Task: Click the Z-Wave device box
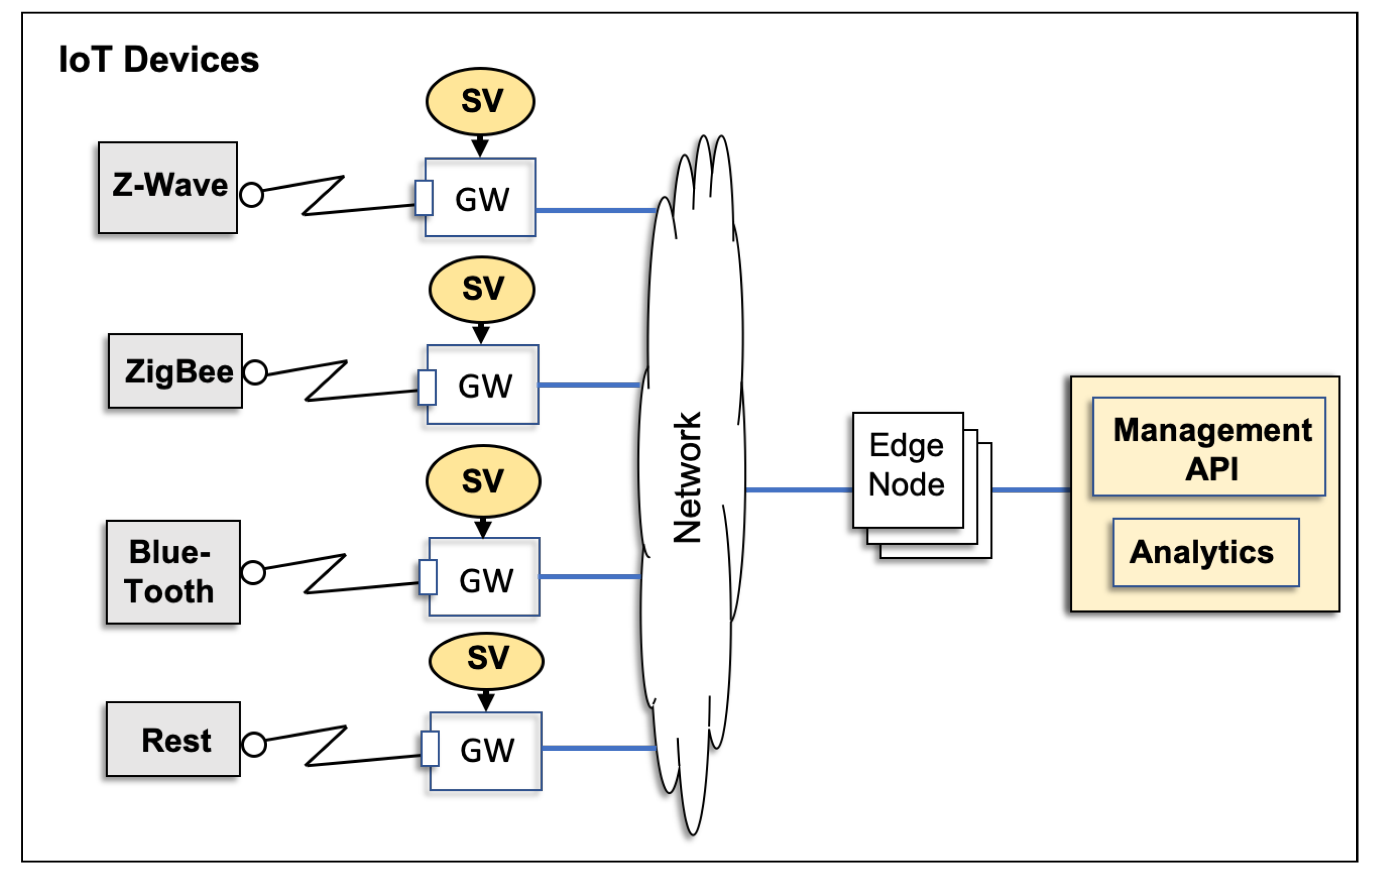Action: [x=167, y=187]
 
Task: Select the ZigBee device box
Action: [x=175, y=371]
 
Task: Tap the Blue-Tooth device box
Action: [x=173, y=572]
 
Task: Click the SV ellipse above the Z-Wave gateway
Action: [x=480, y=102]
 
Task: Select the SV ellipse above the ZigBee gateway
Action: [x=482, y=289]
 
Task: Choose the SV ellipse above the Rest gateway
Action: [x=486, y=661]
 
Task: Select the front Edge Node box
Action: [x=907, y=469]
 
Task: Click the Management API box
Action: [x=1208, y=447]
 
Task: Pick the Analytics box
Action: [x=1206, y=552]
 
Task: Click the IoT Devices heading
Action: [x=159, y=60]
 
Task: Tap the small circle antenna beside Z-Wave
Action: [x=251, y=195]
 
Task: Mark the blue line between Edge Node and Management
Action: [x=1030, y=489]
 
